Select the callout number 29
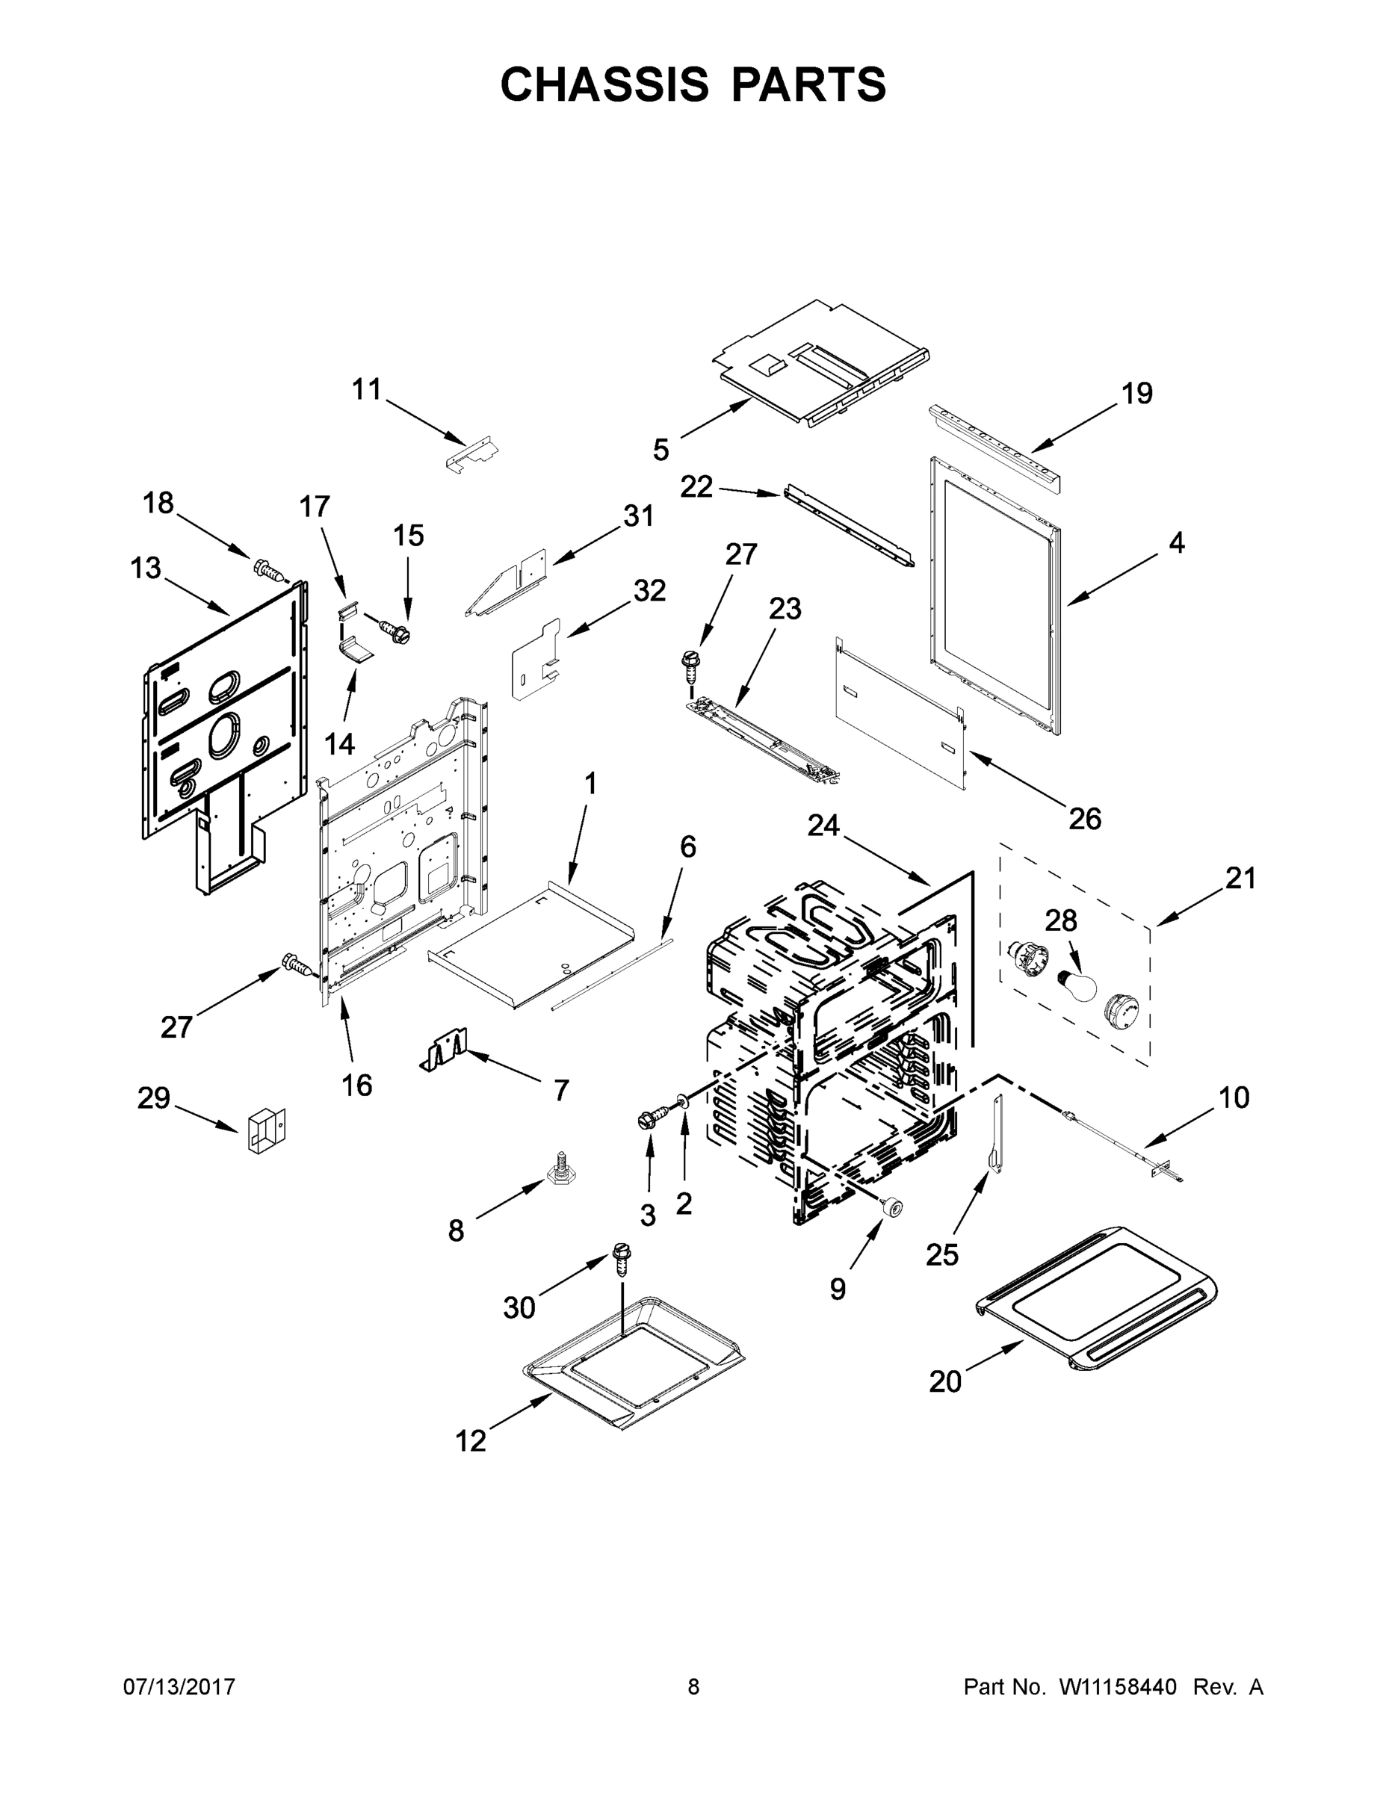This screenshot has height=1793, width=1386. [x=154, y=1098]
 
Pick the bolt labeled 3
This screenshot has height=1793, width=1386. [x=649, y=1120]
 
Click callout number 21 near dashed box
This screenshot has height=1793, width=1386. [x=1240, y=879]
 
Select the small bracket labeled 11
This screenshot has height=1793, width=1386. [x=474, y=454]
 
